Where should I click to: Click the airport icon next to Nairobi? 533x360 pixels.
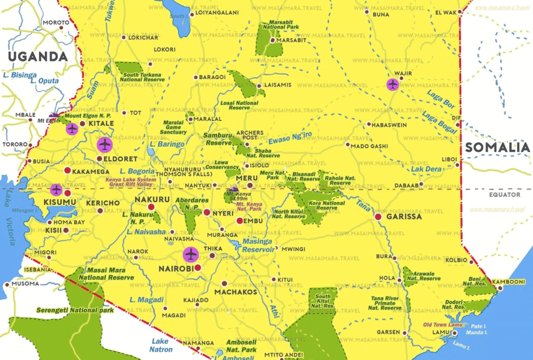pyautogui.click(x=191, y=254)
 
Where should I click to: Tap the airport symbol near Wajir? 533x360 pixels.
pyautogui.click(x=392, y=84)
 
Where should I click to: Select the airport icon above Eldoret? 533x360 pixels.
pyautogui.click(x=104, y=145)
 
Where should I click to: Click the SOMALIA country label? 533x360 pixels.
pyautogui.click(x=497, y=147)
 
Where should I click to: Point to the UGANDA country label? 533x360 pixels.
pyautogui.click(x=37, y=56)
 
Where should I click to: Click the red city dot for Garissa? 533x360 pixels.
pyautogui.click(x=378, y=217)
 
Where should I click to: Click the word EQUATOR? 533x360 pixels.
pyautogui.click(x=504, y=195)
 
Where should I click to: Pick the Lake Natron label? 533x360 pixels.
pyautogui.click(x=162, y=345)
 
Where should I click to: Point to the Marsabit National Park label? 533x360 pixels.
pyautogui.click(x=280, y=24)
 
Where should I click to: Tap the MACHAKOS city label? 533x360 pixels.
pyautogui.click(x=236, y=292)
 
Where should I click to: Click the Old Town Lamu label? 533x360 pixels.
pyautogui.click(x=443, y=324)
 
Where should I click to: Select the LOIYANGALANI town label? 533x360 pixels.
pyautogui.click(x=217, y=13)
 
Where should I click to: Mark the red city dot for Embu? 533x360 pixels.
pyautogui.click(x=240, y=220)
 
